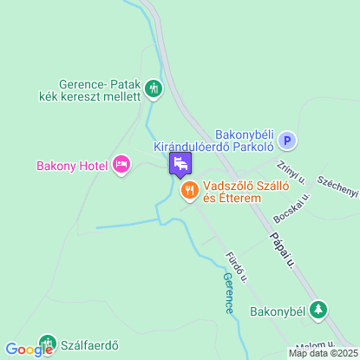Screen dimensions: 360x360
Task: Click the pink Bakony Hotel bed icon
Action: click(121, 164)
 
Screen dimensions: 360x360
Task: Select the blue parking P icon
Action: click(289, 141)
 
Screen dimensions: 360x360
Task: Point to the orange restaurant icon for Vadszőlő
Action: click(187, 188)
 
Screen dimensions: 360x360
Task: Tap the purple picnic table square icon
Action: click(180, 163)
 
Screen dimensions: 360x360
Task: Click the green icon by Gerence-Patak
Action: click(154, 87)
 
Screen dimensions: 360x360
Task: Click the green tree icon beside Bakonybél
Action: click(319, 310)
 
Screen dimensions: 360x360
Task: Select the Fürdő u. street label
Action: click(236, 268)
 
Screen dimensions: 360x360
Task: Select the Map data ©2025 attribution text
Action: click(323, 353)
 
